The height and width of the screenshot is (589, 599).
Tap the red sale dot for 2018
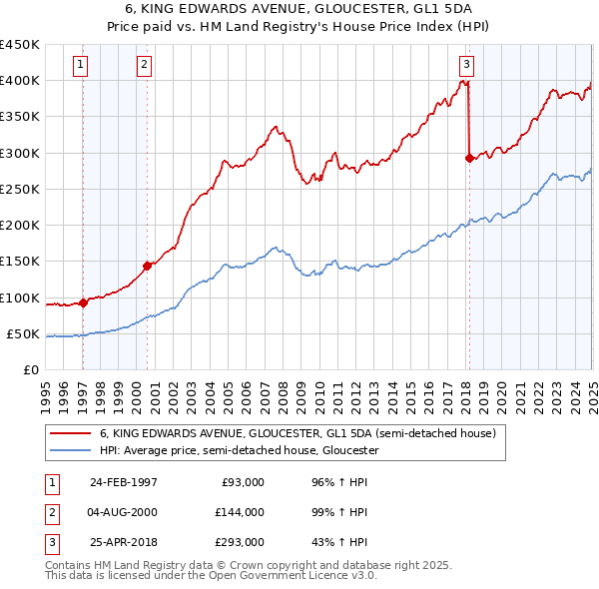pos(469,157)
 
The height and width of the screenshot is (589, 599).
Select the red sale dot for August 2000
pos(147,266)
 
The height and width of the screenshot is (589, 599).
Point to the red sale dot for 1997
pos(84,302)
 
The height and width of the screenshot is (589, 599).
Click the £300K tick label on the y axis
pos(20,153)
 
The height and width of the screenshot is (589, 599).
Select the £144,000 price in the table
pos(239,512)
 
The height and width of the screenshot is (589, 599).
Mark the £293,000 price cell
pos(239,543)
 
